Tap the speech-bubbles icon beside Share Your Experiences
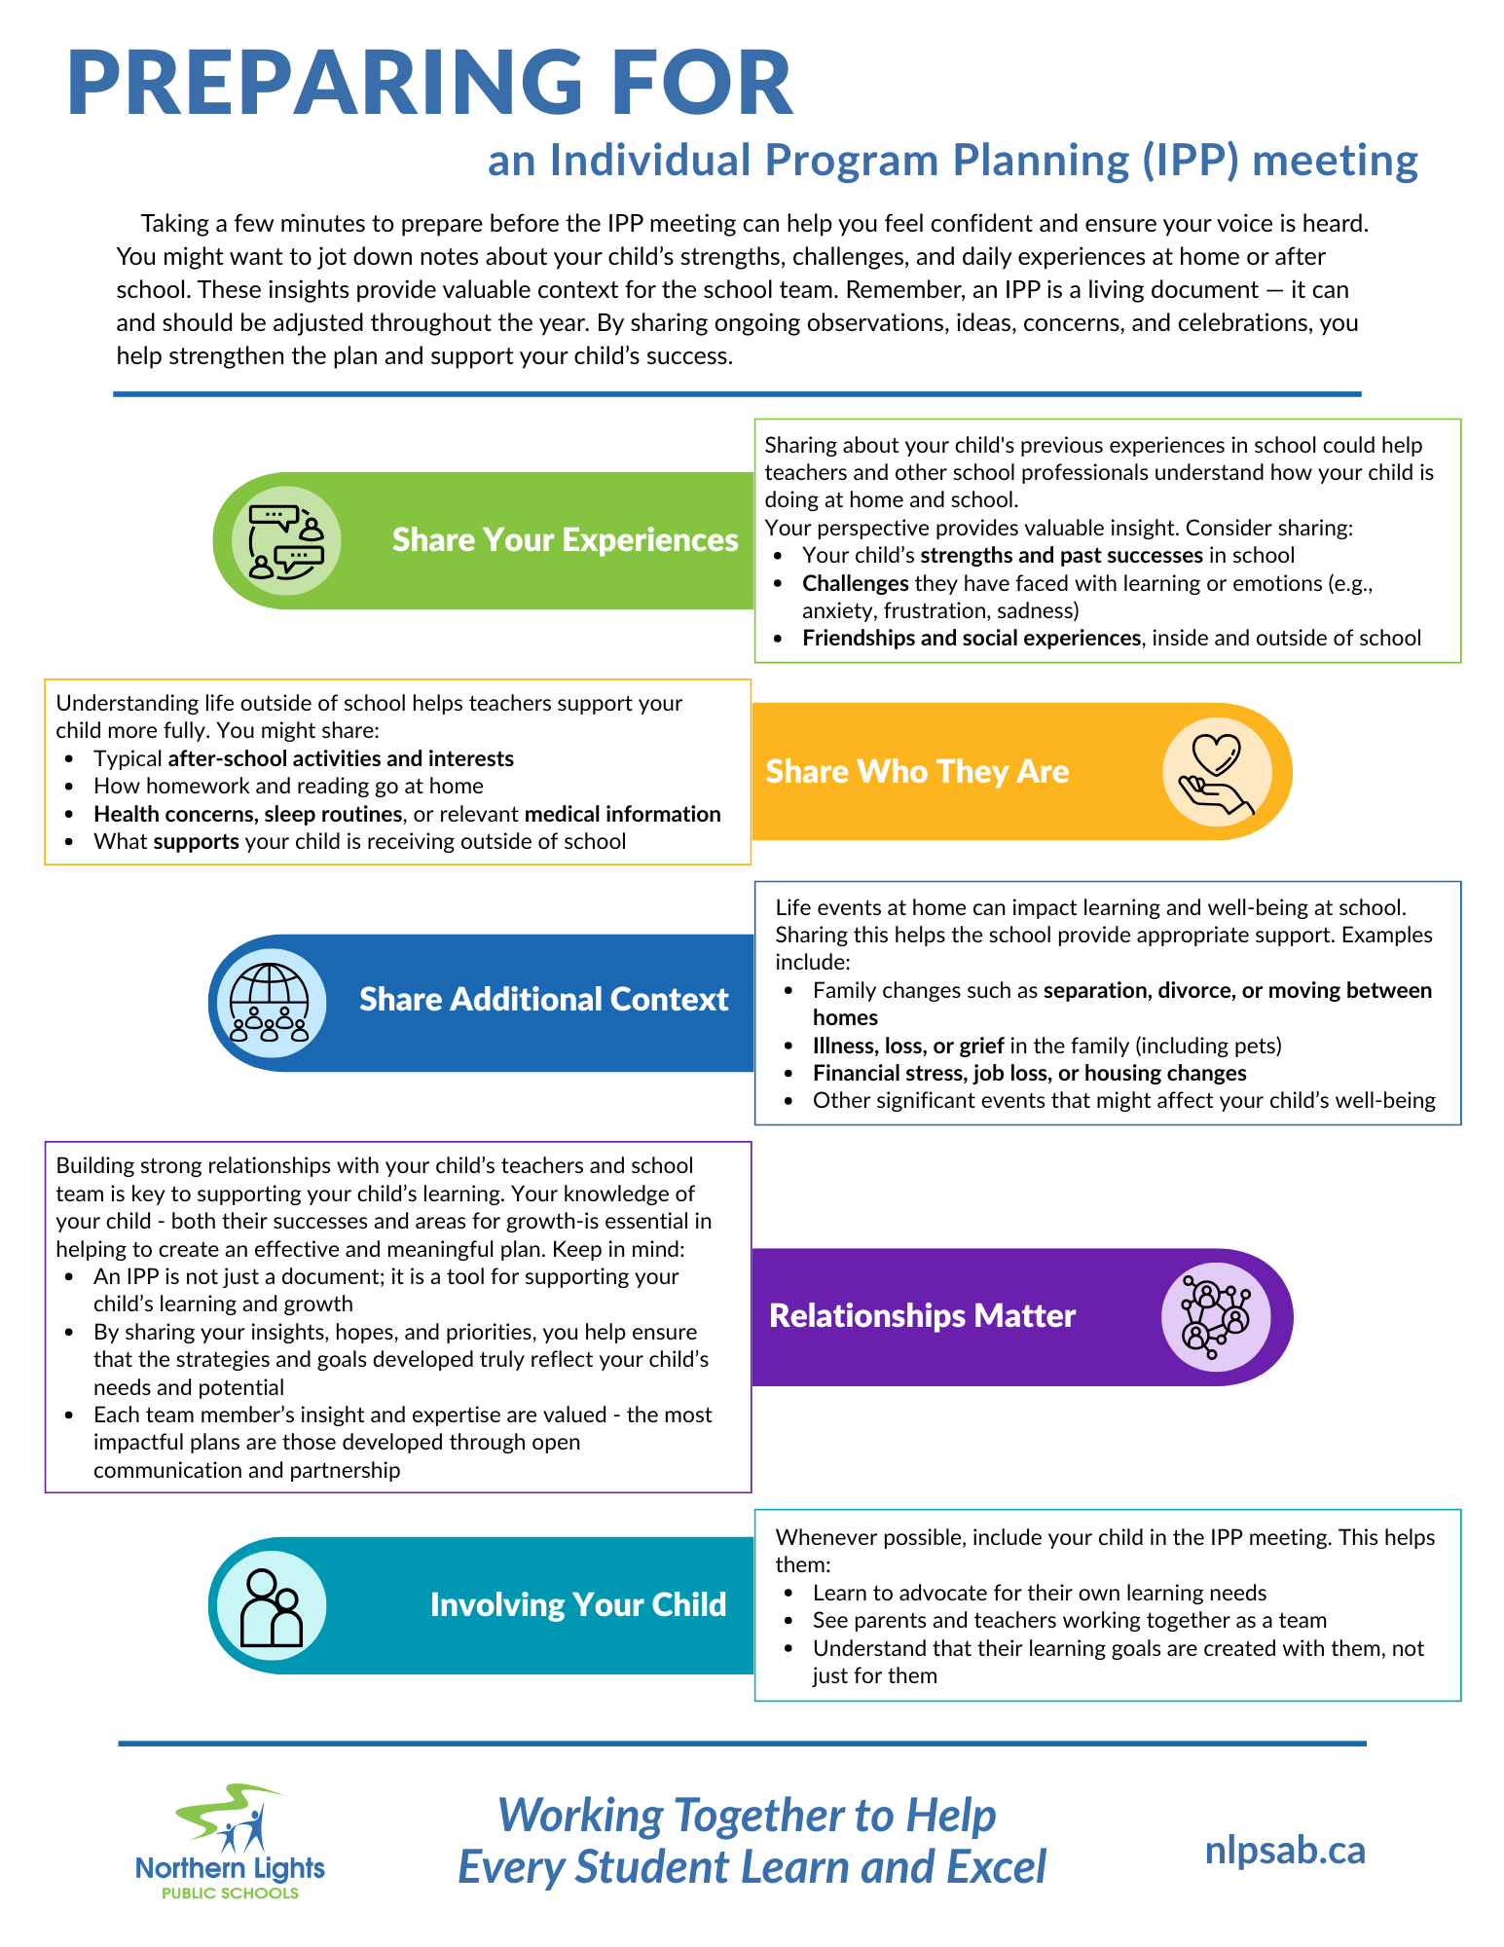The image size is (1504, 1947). pyautogui.click(x=286, y=541)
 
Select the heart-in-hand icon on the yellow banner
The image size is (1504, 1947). pyautogui.click(x=1217, y=772)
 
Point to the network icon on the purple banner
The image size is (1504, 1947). pyautogui.click(x=1215, y=1316)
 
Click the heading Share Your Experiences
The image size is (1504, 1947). pyautogui.click(x=565, y=540)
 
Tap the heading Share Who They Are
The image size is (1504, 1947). pyautogui.click(x=917, y=772)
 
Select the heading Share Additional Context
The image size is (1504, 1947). pyautogui.click(x=543, y=1000)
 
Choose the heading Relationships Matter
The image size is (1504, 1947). pyautogui.click(x=922, y=1316)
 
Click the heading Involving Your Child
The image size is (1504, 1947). pyautogui.click(x=578, y=1605)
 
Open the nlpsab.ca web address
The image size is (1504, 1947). pyautogui.click(x=1285, y=1851)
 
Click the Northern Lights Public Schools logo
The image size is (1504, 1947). pyautogui.click(x=231, y=1842)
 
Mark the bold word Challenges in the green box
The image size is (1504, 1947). pyautogui.click(x=855, y=583)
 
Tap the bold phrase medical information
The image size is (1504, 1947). pyautogui.click(x=622, y=814)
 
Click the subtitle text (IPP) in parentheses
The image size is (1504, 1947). pyautogui.click(x=1187, y=161)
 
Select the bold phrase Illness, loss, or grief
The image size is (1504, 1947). pyautogui.click(x=908, y=1046)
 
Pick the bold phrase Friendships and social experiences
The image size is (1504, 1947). pyautogui.click(x=971, y=639)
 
